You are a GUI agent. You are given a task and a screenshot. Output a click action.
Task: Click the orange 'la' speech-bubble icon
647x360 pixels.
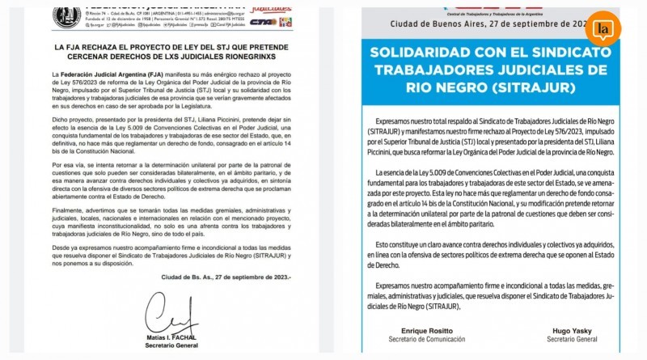603,28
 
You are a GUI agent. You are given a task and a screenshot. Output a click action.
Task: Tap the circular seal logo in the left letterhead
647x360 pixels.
66,14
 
